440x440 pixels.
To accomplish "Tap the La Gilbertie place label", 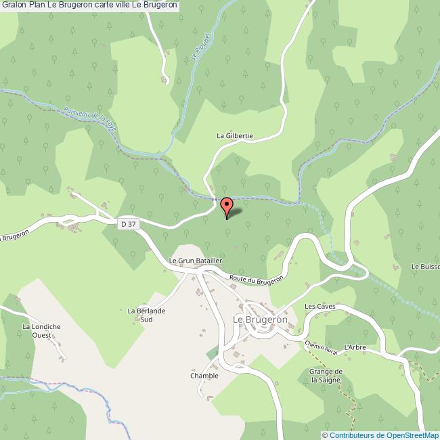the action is tap(234, 135).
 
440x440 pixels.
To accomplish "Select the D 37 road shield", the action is tap(127, 223).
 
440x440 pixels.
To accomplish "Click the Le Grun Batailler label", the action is tap(196, 260).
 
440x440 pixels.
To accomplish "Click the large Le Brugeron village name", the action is tap(261, 319).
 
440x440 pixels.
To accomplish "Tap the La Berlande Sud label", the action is tap(146, 315).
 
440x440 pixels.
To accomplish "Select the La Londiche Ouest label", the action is tap(41, 331).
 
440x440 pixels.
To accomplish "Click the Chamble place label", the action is tap(204, 376).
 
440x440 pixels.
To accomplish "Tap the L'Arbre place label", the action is tap(355, 347).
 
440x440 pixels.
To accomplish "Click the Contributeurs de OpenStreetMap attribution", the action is tap(383, 435).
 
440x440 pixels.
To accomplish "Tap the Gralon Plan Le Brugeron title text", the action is tap(90, 5).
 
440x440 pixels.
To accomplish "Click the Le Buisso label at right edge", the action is tap(425, 267).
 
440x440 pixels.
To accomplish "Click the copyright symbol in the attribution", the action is tap(325, 435).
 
